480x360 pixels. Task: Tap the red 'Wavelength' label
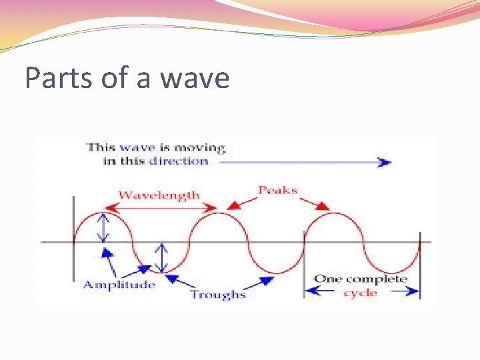[x=159, y=195]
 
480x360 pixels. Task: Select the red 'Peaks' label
[x=278, y=190]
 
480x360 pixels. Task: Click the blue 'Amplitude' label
[x=119, y=285]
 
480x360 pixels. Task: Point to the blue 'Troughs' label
[x=218, y=294]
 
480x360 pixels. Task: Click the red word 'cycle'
[x=360, y=293]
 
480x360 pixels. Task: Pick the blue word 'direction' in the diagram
[x=179, y=161]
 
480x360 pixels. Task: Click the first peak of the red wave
[x=101, y=213]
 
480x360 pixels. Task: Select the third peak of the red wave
[x=334, y=213]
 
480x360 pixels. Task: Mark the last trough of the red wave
[x=391, y=272]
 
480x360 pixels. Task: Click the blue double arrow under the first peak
[x=101, y=227]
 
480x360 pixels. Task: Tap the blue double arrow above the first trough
[x=161, y=257]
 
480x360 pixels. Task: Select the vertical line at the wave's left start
[x=74, y=240]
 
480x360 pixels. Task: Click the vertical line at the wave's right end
[x=420, y=263]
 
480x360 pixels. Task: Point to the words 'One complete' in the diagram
[x=360, y=279]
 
